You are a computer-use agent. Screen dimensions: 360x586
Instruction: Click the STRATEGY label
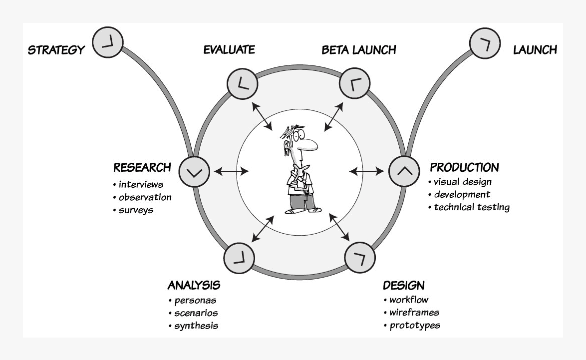pyautogui.click(x=56, y=50)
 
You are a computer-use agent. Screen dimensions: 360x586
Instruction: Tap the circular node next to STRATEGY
pyautogui.click(x=107, y=42)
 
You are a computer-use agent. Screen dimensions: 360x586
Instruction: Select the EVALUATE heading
pyautogui.click(x=229, y=49)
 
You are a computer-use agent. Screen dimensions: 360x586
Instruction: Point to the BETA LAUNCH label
pyautogui.click(x=358, y=50)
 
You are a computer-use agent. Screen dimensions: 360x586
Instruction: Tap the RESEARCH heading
pyautogui.click(x=142, y=167)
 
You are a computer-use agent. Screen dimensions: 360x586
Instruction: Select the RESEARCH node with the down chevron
pyautogui.click(x=194, y=171)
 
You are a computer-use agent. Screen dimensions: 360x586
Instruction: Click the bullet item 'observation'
pyautogui.click(x=145, y=197)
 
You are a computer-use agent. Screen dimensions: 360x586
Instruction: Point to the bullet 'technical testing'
pyautogui.click(x=471, y=207)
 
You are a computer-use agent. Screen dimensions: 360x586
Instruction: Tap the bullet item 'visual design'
pyautogui.click(x=462, y=182)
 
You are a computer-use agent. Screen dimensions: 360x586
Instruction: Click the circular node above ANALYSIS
pyautogui.click(x=240, y=258)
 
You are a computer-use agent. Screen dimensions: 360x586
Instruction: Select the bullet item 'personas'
pyautogui.click(x=195, y=301)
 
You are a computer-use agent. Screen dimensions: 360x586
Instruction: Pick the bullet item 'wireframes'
pyautogui.click(x=414, y=313)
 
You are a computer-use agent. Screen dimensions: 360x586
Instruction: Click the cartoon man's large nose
pyautogui.click(x=309, y=144)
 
